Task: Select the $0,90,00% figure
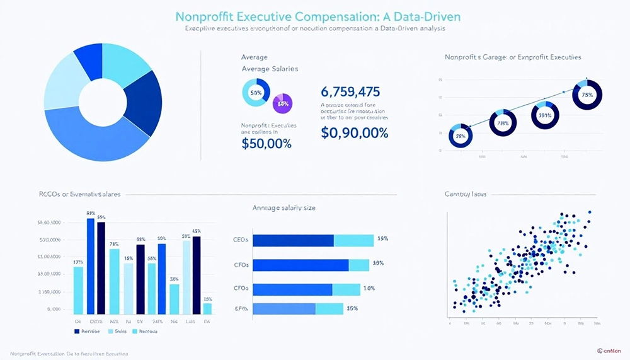(354, 133)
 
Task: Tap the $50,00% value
(266, 143)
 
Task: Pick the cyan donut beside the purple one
(256, 93)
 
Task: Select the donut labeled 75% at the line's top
(587, 95)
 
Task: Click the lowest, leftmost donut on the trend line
(461, 136)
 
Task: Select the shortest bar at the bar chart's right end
(207, 308)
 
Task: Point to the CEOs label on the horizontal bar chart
(241, 240)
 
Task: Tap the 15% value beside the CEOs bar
(382, 239)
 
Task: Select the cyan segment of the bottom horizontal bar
(329, 308)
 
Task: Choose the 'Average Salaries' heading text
(270, 68)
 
